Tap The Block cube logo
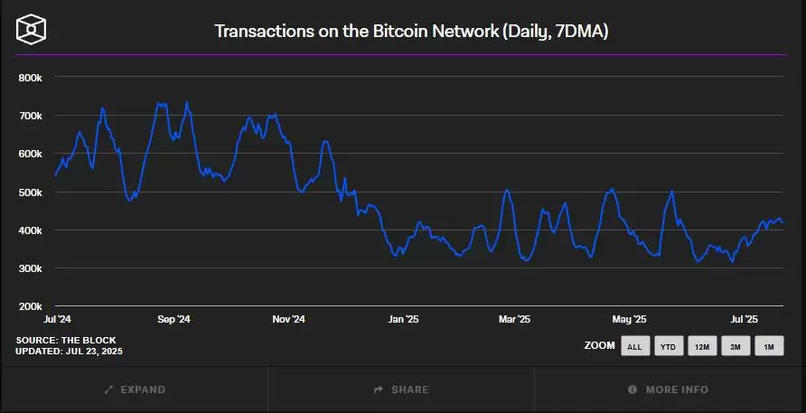click(32, 30)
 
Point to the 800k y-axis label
click(31, 78)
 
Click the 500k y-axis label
click(31, 192)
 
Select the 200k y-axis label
click(31, 306)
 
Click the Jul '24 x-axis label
click(58, 319)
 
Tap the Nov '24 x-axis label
click(288, 319)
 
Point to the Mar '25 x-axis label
click(515, 319)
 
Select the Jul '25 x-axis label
click(744, 319)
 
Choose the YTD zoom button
click(668, 346)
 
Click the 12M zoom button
click(702, 346)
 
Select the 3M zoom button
click(736, 346)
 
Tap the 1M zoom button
click(769, 346)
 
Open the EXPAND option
click(135, 390)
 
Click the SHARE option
click(401, 390)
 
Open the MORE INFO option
click(668, 390)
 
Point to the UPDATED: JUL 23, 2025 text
click(70, 351)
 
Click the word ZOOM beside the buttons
click(599, 346)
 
